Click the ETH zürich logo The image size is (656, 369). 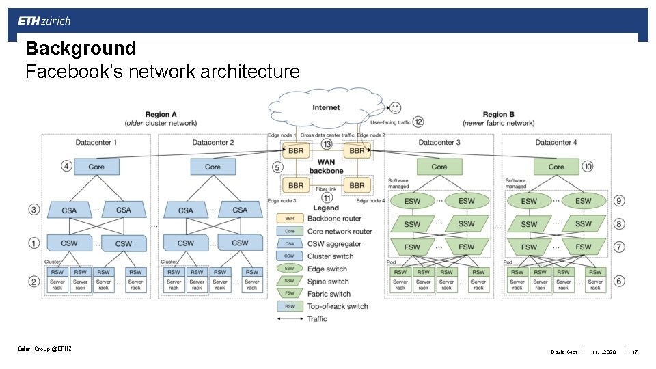(44, 21)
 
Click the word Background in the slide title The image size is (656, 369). (81, 49)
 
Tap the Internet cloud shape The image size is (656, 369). (326, 109)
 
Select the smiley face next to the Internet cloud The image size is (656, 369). (394, 107)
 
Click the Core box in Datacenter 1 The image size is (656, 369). (96, 167)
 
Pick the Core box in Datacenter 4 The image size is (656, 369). (556, 167)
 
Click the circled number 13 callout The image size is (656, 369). (327, 144)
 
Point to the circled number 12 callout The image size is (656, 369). (418, 122)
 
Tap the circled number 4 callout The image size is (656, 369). (66, 167)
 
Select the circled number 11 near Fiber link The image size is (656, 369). (327, 197)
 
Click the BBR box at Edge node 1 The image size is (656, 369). (295, 150)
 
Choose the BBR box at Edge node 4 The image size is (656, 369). (357, 185)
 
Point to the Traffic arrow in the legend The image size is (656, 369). (290, 319)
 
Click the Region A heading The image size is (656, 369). (161, 114)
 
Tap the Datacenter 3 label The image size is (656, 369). (439, 142)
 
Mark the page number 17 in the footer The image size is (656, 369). (635, 352)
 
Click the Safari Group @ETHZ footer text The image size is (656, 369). (44, 349)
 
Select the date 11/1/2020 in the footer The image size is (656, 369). (604, 352)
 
